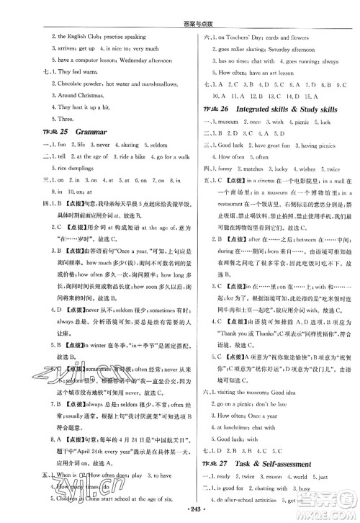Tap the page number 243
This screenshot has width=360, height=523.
179,516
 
